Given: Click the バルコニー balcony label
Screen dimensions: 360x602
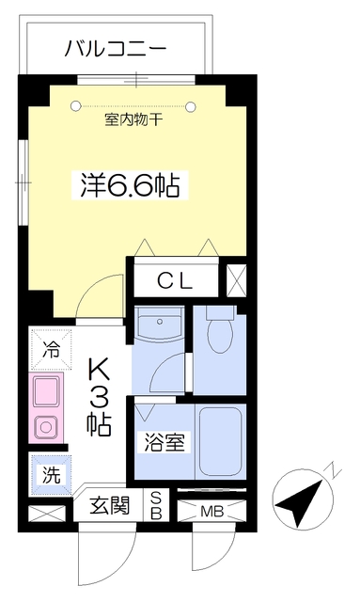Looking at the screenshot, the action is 115,49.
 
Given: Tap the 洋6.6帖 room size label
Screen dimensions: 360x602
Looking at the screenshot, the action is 130,185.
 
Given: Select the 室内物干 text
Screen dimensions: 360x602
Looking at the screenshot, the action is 133,120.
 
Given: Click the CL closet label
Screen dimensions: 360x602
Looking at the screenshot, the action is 175,282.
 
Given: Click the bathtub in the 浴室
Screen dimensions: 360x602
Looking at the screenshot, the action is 220,441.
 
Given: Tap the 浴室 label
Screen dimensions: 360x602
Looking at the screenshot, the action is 164,443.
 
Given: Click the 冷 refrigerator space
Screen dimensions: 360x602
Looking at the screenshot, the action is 51,349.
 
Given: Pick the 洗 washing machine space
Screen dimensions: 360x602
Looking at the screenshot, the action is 51,475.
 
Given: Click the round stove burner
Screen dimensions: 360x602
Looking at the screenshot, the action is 46,427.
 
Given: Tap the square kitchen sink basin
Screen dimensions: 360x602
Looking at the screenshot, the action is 46,391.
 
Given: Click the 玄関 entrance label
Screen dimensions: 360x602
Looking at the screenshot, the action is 109,505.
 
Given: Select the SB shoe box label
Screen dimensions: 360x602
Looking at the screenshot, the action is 155,506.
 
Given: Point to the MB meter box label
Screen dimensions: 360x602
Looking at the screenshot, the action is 211,512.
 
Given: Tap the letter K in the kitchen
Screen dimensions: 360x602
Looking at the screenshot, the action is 100,370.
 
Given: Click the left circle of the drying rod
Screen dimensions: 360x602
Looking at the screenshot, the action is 75,105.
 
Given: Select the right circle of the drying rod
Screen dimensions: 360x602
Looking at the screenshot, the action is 191,106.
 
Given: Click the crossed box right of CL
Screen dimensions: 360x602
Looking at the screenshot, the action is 237,280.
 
